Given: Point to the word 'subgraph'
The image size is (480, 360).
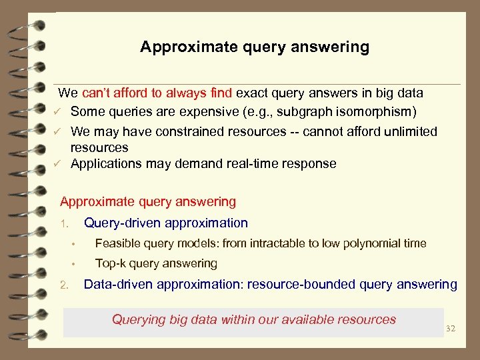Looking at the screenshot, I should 315,111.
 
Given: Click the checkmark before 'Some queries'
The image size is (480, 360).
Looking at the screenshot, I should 58,111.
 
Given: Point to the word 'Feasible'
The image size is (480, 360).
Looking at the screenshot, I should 117,244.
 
